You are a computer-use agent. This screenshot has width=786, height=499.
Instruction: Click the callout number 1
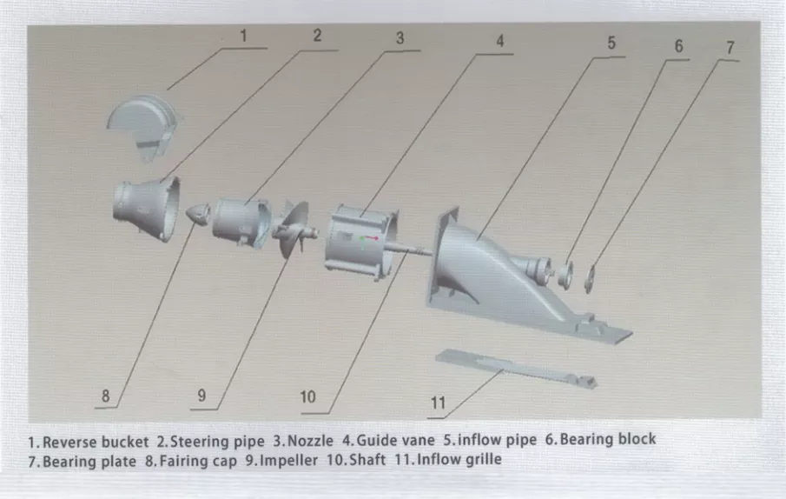(x=244, y=37)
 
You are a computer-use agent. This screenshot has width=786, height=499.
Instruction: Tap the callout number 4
(x=499, y=41)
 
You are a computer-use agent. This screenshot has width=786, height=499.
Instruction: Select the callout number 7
(x=730, y=48)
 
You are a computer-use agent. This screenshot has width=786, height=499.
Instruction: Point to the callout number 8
(x=106, y=396)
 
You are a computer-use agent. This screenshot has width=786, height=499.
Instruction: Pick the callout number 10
(x=307, y=397)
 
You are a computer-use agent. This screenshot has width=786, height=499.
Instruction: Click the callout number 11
(x=438, y=403)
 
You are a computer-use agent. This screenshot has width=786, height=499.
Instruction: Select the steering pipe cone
(x=147, y=208)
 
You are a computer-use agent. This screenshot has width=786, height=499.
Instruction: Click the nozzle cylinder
(x=241, y=223)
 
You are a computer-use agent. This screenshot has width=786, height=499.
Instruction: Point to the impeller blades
(x=294, y=228)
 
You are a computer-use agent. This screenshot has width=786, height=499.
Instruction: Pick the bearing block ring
(x=566, y=275)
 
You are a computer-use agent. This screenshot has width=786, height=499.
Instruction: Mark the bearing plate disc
(x=590, y=279)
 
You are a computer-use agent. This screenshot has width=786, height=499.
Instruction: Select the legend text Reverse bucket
(x=96, y=442)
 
